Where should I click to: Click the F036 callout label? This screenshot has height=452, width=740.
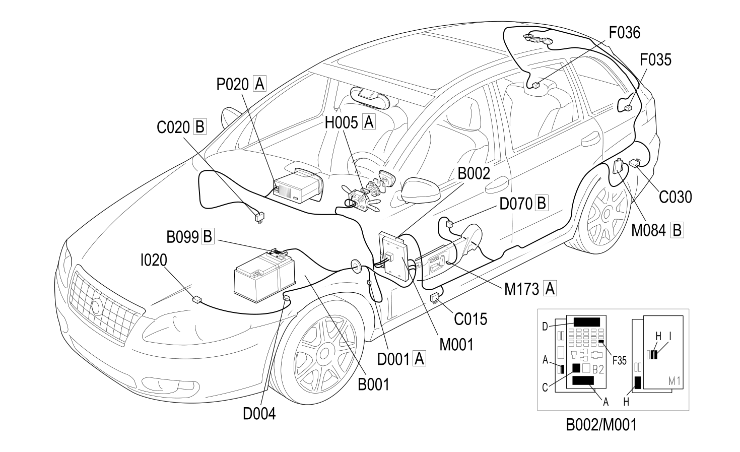pos(624,33)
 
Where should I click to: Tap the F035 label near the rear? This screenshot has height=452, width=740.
pos(656,60)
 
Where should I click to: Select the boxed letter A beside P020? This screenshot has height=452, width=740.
pos(259,84)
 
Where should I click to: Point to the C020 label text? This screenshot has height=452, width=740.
pos(173,127)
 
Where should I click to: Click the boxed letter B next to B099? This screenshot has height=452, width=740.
pos(208,237)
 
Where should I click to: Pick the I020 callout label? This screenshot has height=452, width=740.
pos(154,261)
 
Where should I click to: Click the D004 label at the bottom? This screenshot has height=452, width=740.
pos(259,414)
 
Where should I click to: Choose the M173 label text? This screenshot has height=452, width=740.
pos(522,289)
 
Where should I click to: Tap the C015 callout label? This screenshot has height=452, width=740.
pos(471,319)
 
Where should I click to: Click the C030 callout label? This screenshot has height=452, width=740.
pos(676,197)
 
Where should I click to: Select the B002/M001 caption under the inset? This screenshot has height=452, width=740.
pos(601,425)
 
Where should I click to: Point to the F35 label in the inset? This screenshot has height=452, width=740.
pos(620,361)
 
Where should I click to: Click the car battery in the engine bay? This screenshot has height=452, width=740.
pos(264,276)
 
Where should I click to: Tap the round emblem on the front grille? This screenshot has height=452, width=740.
pos(97,307)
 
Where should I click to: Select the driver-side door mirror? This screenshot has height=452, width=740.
pos(420,191)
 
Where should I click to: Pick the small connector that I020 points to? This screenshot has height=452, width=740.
pos(197,299)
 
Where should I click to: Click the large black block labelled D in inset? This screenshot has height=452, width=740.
pos(587,322)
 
